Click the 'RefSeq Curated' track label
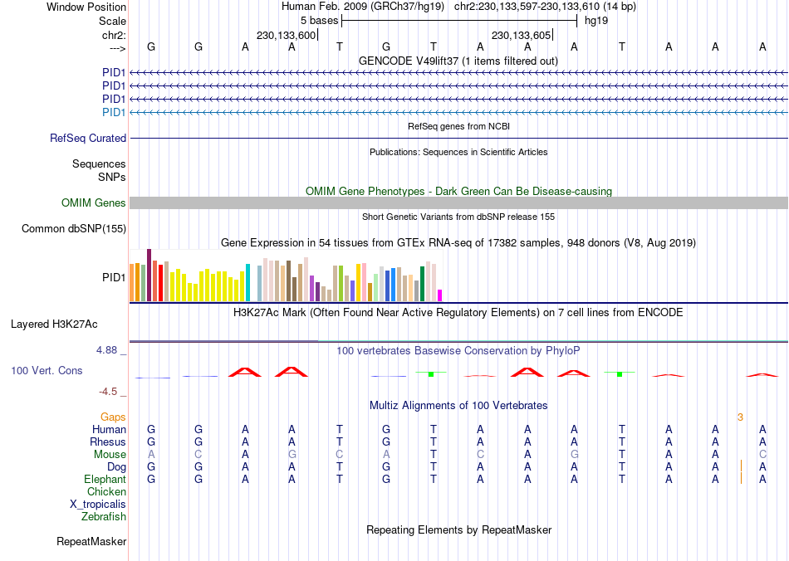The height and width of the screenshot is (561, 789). pyautogui.click(x=88, y=139)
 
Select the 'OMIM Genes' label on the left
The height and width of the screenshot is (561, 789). pyautogui.click(x=94, y=203)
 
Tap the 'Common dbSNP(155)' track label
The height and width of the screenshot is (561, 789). pyautogui.click(x=74, y=229)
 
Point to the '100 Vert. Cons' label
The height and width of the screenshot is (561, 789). pyautogui.click(x=47, y=371)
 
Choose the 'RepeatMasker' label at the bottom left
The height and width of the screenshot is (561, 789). pyautogui.click(x=91, y=542)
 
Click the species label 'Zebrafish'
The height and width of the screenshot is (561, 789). pyautogui.click(x=104, y=517)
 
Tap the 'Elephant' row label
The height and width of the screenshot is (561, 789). pyautogui.click(x=105, y=480)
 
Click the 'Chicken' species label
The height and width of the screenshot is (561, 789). pyautogui.click(x=106, y=492)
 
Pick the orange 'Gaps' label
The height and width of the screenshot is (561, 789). pyautogui.click(x=113, y=417)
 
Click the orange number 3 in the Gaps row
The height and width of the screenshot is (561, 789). pyautogui.click(x=740, y=417)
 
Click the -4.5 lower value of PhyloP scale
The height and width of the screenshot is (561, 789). pyautogui.click(x=109, y=392)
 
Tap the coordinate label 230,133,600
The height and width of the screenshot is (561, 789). pyautogui.click(x=287, y=36)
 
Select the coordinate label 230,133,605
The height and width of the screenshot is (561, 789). pyautogui.click(x=522, y=36)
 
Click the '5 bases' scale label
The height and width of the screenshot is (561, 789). pyautogui.click(x=318, y=20)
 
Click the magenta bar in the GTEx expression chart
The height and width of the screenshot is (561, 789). pyautogui.click(x=440, y=295)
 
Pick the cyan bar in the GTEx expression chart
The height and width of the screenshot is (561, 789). pyautogui.click(x=247, y=282)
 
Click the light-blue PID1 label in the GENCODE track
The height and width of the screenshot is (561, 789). pyautogui.click(x=114, y=112)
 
